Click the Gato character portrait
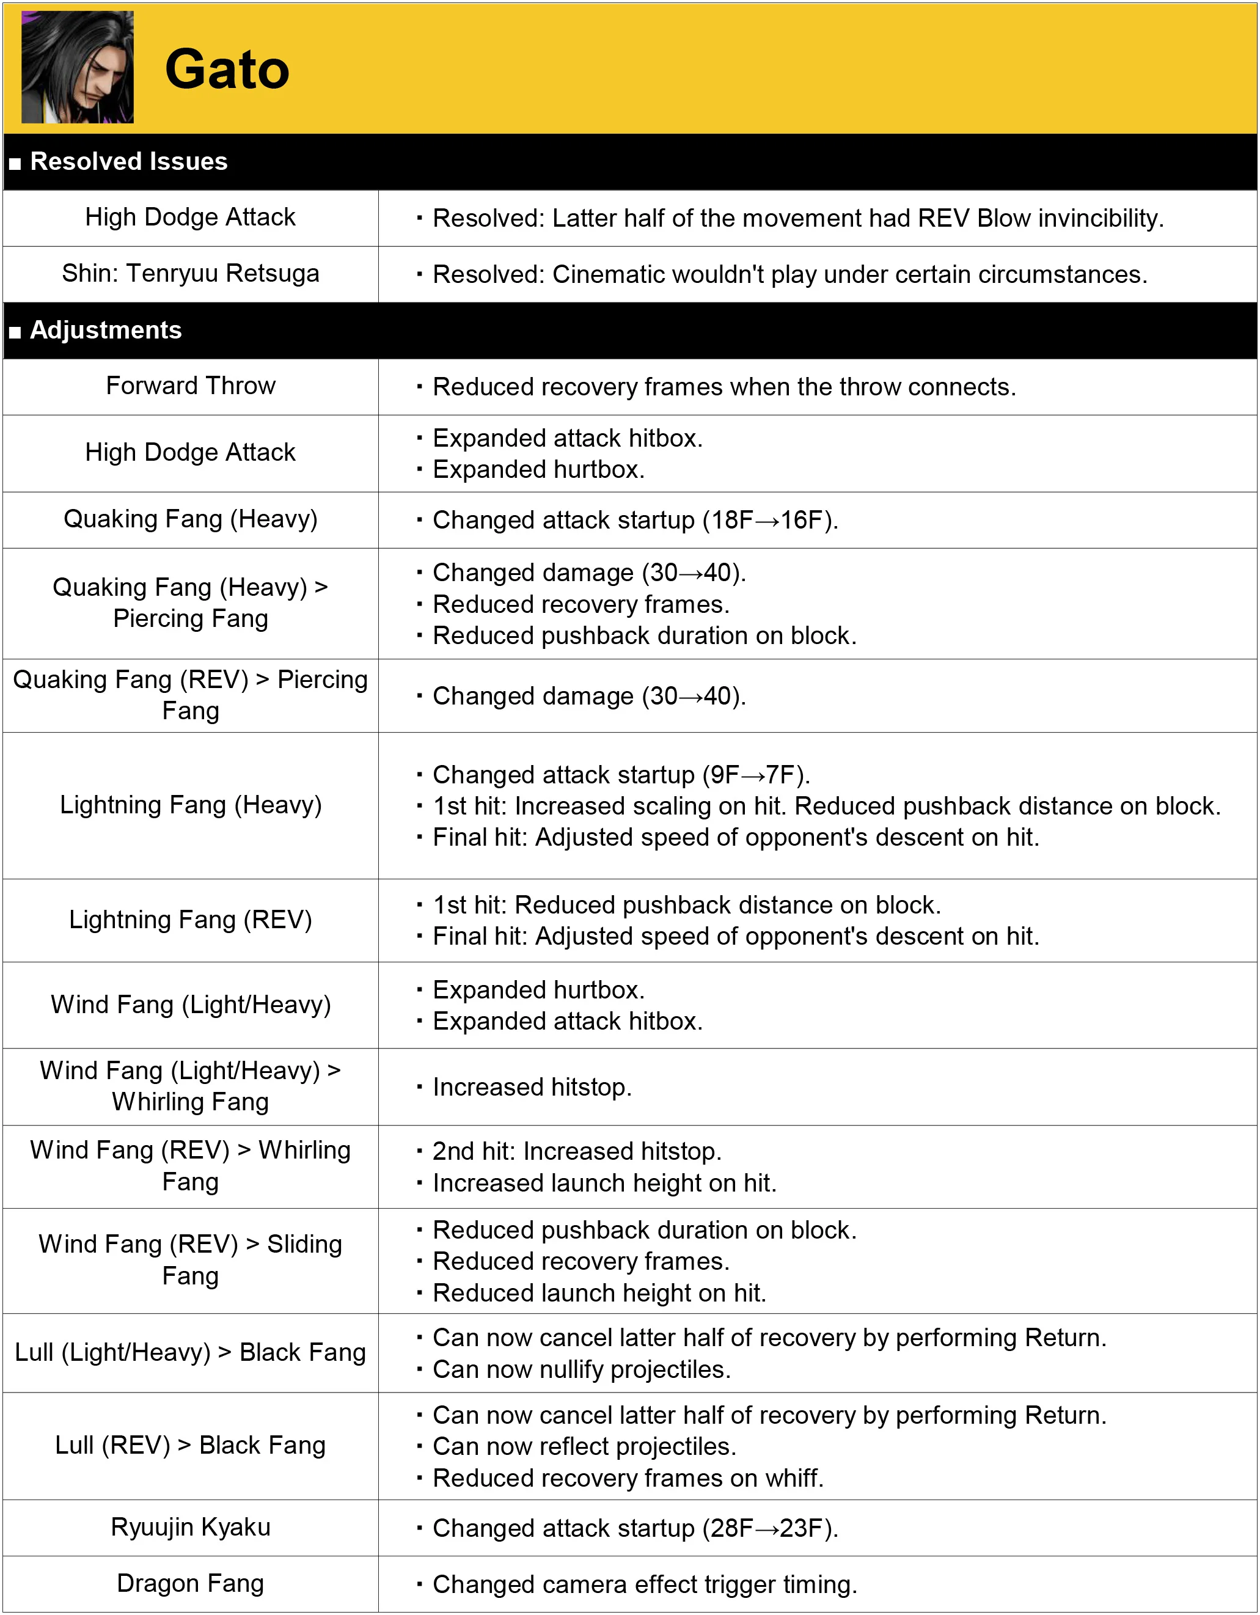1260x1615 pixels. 77,67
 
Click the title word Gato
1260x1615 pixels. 226,70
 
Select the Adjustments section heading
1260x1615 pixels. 105,330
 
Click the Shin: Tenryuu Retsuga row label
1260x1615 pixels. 190,274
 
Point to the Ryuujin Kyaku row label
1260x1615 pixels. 190,1527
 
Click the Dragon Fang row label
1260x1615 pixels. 190,1583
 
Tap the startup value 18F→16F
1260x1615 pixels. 769,520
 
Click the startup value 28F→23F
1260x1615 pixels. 769,1528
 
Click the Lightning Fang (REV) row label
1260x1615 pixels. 190,920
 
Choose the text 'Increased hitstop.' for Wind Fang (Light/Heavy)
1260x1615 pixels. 532,1087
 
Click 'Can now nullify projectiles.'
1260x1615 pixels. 581,1369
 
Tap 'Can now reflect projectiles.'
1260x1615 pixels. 584,1446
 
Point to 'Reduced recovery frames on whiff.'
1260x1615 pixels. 628,1478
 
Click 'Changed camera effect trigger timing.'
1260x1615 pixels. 645,1584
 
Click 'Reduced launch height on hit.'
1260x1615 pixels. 599,1292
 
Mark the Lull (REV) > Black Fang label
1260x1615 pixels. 190,1445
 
